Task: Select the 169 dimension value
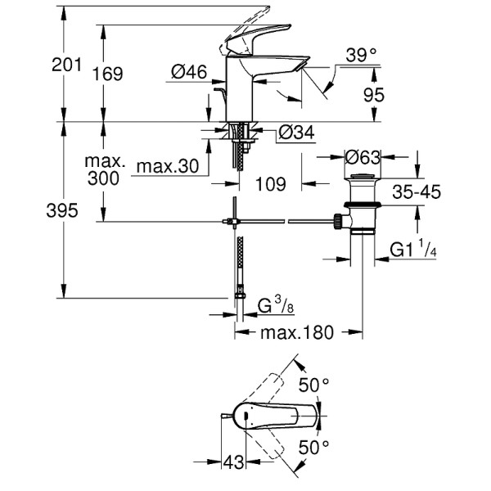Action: click(108, 74)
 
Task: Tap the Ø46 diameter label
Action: click(189, 73)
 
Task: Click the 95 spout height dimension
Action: click(373, 95)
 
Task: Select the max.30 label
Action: click(167, 167)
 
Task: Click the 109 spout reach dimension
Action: click(269, 184)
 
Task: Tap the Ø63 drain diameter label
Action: click(361, 155)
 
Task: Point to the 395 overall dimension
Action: click(61, 212)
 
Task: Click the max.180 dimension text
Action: click(297, 333)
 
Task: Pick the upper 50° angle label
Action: click(313, 383)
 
